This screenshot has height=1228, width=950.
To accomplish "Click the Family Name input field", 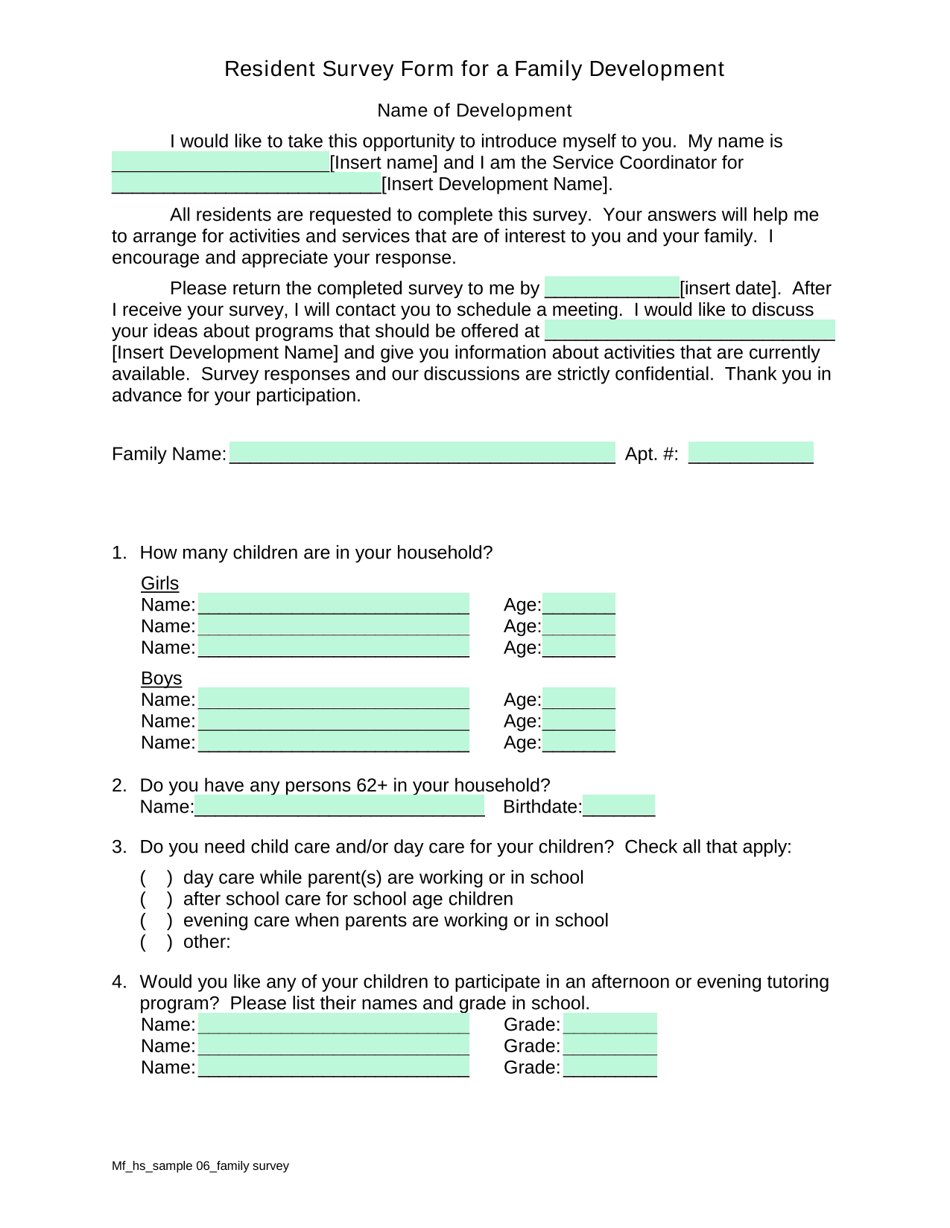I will pos(422,453).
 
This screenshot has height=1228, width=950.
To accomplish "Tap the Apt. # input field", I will pos(750,453).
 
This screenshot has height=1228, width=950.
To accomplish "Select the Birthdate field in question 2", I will pos(618,806).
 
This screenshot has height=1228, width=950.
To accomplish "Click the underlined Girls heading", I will pos(159,583).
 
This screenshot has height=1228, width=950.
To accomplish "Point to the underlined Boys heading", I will pos(161,678).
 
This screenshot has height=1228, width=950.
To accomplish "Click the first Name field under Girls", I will pos(333,604).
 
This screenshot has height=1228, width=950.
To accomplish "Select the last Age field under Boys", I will pos(578,742).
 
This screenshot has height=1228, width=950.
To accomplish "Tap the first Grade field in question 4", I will pos(609,1024).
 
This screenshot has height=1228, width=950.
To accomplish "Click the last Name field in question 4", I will pos(333,1067).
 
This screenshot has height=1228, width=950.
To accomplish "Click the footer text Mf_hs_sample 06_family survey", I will pos(200,1166).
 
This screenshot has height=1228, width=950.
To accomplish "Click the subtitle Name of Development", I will pos(474,110).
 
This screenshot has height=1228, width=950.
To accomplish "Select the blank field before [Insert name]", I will pos(220,162).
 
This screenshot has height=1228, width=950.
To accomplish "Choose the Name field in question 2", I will pos(339,806).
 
